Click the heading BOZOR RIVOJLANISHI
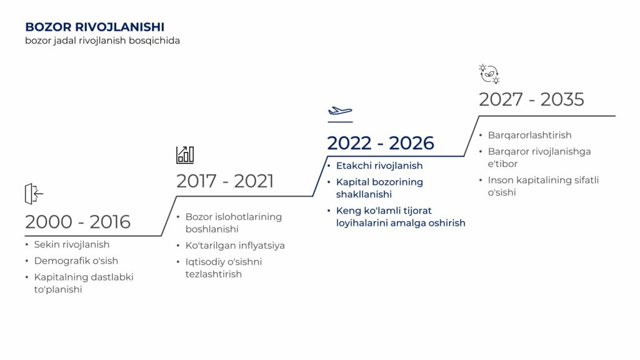(x=95, y=27)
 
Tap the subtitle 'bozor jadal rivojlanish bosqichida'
(x=102, y=41)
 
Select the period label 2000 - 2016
(x=77, y=222)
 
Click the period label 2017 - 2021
(x=225, y=181)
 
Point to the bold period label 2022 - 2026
(x=381, y=143)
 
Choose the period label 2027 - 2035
(x=531, y=99)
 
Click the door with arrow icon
(x=34, y=194)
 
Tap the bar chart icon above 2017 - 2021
(x=185, y=155)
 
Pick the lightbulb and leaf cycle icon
(x=489, y=74)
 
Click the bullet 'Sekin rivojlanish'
(x=72, y=244)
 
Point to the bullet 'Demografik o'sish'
(x=76, y=261)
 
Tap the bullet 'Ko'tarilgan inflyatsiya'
(x=235, y=245)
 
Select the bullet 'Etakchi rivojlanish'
(x=379, y=166)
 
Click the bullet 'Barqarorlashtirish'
(x=530, y=135)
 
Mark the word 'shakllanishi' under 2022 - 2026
(x=364, y=194)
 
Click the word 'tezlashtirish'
(x=214, y=274)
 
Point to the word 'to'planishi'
(x=58, y=289)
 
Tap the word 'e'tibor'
(x=503, y=164)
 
